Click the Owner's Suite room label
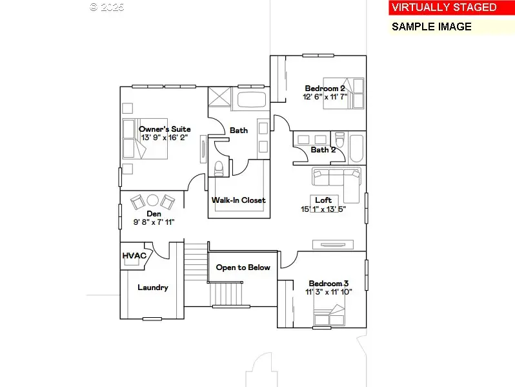(x=165, y=129)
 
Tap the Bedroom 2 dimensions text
(x=325, y=97)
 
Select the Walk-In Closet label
(x=238, y=200)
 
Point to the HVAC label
(x=134, y=256)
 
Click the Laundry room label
(x=153, y=288)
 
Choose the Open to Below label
(x=243, y=267)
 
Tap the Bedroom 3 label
(x=328, y=284)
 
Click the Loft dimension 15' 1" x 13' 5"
(x=324, y=209)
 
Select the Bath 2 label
(x=323, y=150)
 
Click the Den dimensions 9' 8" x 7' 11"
(x=154, y=222)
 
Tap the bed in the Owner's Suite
(x=145, y=138)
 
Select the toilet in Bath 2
(x=339, y=140)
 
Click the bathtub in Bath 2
(x=356, y=147)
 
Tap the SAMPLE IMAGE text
(x=432, y=27)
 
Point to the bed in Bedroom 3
(x=329, y=315)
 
